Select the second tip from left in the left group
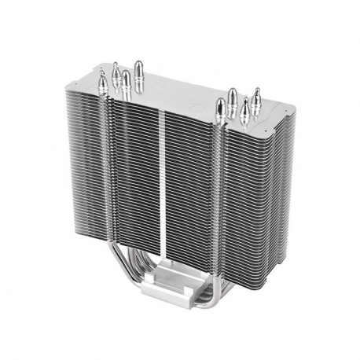[116, 73]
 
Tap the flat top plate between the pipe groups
[181, 90]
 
